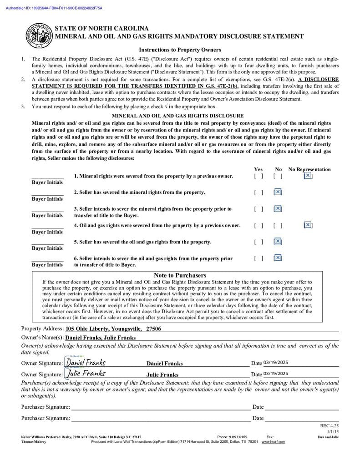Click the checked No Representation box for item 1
tap(308, 176)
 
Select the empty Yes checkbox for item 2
tap(259, 192)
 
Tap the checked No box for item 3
tap(278, 208)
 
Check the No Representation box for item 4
tap(308, 225)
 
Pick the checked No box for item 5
tap(278, 242)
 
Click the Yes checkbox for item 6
tap(259, 258)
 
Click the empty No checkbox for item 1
tap(278, 176)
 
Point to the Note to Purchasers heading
tap(180, 275)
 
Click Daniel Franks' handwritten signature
tap(86, 362)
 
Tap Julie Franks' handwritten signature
tap(86, 374)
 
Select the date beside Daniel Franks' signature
tap(276, 363)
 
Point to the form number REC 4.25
tap(330, 425)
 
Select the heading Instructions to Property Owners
tap(180, 50)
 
